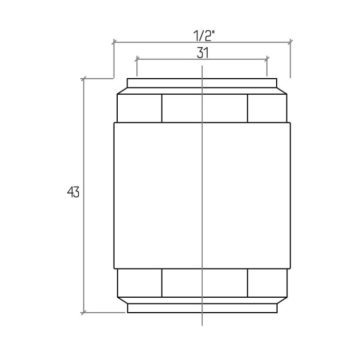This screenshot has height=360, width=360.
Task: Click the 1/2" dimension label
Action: (x=204, y=35)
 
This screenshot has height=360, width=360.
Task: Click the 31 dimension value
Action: (x=203, y=53)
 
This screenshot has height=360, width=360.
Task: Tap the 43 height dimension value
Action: (x=73, y=192)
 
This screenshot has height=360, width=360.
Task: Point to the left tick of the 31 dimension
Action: (x=137, y=59)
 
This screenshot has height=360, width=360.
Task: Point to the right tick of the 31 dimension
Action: (x=267, y=59)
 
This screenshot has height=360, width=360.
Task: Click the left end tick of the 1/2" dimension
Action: (x=114, y=42)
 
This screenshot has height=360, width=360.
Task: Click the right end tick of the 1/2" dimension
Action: (x=291, y=42)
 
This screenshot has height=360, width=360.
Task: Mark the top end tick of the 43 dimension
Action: (x=83, y=79)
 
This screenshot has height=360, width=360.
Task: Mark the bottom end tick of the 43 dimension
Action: (x=83, y=313)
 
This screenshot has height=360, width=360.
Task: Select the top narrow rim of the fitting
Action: (x=202, y=83)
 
